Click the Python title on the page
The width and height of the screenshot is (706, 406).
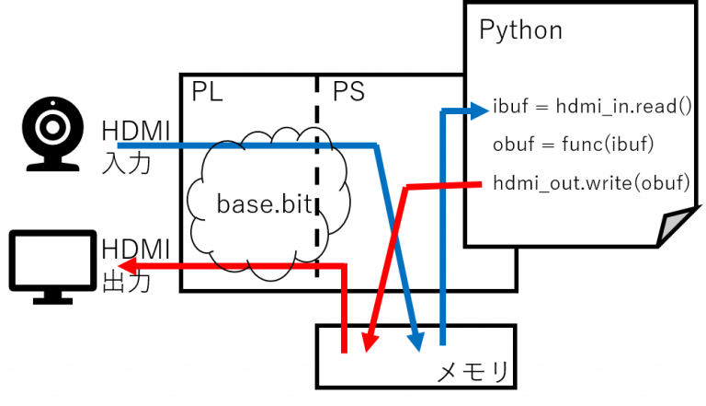[x=520, y=29]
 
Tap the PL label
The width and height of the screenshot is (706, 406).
[x=207, y=93]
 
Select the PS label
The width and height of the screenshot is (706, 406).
[x=347, y=93]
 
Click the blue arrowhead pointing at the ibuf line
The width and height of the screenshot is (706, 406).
[x=480, y=111]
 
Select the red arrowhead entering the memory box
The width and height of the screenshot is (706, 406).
[x=369, y=343]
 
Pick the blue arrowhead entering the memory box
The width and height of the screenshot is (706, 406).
[x=418, y=342]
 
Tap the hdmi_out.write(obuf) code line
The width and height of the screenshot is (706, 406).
[x=591, y=182]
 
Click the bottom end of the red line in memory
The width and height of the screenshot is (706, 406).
[x=344, y=351]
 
